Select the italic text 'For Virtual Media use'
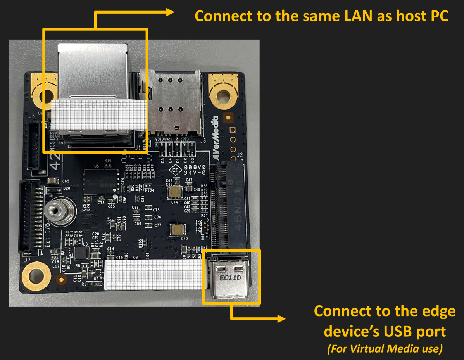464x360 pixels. click(385, 349)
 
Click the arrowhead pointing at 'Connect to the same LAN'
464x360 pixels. click(171, 12)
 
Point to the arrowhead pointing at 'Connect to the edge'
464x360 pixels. click(281, 319)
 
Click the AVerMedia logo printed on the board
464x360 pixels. click(215, 138)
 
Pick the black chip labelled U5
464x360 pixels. click(100, 180)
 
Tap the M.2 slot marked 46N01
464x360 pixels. click(231, 206)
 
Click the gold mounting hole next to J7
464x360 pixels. click(36, 276)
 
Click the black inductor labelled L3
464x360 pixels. click(81, 253)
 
